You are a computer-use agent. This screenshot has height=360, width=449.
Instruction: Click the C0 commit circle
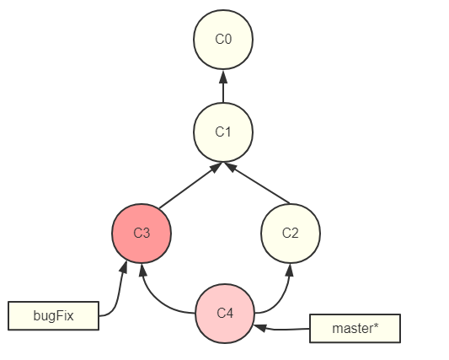click(223, 40)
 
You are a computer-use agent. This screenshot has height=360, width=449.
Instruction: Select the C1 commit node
click(223, 132)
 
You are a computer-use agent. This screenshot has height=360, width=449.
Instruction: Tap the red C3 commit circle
click(142, 234)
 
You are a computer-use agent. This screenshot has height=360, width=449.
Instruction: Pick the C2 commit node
click(291, 234)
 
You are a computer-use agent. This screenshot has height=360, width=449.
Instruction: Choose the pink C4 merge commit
click(225, 314)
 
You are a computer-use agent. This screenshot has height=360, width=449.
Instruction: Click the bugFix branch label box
click(54, 315)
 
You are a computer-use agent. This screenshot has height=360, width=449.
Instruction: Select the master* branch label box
click(355, 329)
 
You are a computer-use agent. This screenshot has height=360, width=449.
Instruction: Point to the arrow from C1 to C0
click(223, 86)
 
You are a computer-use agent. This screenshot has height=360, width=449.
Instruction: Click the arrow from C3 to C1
click(190, 185)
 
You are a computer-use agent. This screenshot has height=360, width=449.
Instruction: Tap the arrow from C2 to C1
click(257, 184)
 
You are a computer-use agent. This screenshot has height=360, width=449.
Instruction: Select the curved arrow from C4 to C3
click(157, 298)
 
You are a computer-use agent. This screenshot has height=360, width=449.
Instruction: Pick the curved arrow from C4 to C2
click(279, 298)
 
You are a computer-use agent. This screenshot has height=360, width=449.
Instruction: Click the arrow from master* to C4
click(282, 329)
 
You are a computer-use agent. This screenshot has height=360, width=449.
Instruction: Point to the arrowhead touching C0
click(223, 77)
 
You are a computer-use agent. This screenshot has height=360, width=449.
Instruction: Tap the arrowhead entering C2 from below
click(290, 271)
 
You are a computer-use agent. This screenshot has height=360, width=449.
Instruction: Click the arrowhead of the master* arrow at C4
click(260, 327)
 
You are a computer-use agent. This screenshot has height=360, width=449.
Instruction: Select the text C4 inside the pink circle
click(225, 313)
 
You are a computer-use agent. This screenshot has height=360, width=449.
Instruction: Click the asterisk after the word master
click(376, 325)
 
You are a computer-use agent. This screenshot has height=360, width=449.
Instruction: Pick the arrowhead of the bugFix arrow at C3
click(124, 267)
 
